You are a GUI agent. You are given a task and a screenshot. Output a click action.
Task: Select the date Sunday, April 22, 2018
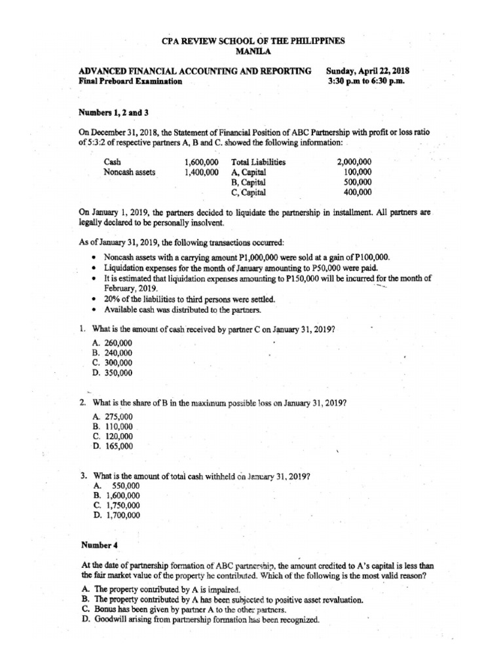[373, 71]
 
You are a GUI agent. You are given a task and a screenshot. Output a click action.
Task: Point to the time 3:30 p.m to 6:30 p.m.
[373, 82]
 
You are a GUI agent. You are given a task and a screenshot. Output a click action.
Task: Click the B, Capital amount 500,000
[358, 183]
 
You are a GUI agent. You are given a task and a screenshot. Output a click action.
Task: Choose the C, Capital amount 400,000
[358, 193]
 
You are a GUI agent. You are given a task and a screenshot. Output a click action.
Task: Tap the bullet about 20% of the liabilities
[189, 299]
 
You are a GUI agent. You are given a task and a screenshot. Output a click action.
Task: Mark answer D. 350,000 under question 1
[112, 373]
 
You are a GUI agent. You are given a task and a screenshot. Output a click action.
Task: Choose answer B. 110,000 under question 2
[112, 425]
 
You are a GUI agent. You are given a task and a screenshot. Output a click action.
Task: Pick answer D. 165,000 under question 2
[112, 446]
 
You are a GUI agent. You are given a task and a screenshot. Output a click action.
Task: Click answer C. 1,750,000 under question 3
[116, 505]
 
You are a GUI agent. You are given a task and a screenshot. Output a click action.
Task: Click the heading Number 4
[99, 544]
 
